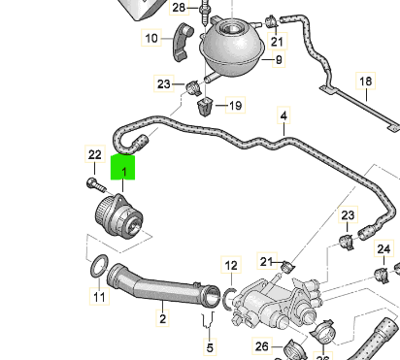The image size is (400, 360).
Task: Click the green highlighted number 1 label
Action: (x=122, y=167)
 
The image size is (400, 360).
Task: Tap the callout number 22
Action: (x=95, y=154)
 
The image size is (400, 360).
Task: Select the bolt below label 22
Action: (x=96, y=184)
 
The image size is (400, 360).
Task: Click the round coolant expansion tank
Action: (x=232, y=46)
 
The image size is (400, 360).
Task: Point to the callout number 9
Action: (x=279, y=59)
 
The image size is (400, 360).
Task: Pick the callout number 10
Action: (x=151, y=38)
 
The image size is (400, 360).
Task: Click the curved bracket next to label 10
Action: (x=183, y=42)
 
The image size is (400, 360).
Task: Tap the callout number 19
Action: (x=235, y=105)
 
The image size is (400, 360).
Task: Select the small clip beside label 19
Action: (x=205, y=107)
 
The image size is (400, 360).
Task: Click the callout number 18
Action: (x=366, y=82)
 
